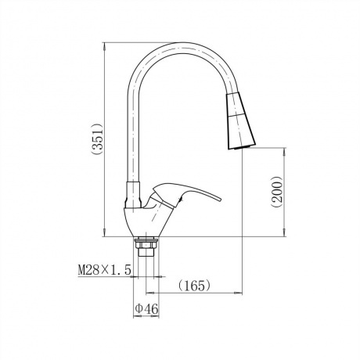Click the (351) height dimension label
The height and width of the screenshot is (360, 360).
coord(99,139)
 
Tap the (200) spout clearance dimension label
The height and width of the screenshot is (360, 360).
coord(277,193)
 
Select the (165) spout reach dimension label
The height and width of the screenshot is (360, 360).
coord(194,286)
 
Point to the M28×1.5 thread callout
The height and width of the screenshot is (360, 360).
coord(104,270)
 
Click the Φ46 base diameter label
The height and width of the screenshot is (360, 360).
coord(146,309)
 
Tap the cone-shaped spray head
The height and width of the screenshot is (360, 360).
coord(240,121)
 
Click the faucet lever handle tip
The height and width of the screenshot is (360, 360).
coord(220,200)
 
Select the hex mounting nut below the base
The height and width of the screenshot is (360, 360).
coord(146,245)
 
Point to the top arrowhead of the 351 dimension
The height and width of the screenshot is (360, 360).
coord(104,46)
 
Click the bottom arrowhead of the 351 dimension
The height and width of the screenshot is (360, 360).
coord(104,232)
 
